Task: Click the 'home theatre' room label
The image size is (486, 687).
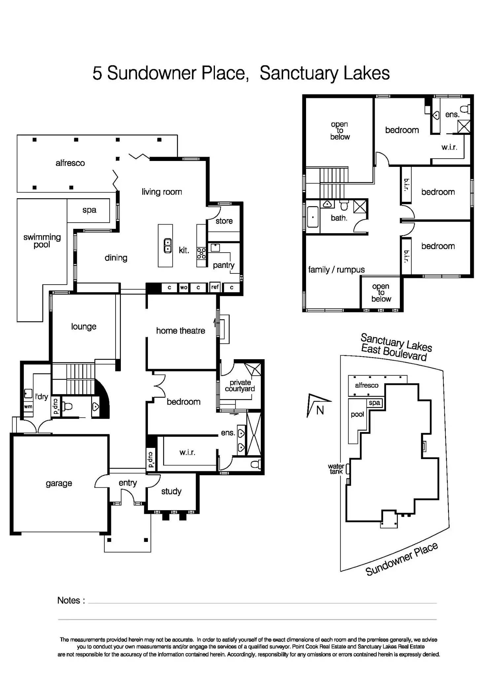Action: click(x=181, y=330)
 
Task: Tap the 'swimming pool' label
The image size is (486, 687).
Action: click(x=42, y=241)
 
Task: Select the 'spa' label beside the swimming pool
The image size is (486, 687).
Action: click(x=89, y=210)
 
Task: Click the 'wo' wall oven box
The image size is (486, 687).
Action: click(x=184, y=287)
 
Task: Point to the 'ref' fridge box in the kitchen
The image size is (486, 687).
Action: click(x=215, y=287)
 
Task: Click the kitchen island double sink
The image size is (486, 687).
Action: click(x=168, y=245)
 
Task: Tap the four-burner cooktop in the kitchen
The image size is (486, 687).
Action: click(x=201, y=253)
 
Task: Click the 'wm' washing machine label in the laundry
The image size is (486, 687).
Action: click(x=28, y=407)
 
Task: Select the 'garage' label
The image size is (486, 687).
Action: click(x=59, y=483)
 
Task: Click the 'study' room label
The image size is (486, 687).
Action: click(x=171, y=491)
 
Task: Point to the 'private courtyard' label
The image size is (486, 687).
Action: click(x=240, y=386)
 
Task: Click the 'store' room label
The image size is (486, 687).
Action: click(x=224, y=221)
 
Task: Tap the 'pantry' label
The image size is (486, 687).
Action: click(x=224, y=265)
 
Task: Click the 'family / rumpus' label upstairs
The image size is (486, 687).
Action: click(x=336, y=270)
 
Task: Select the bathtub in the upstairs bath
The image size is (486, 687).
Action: click(x=313, y=217)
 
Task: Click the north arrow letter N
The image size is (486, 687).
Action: click(x=320, y=410)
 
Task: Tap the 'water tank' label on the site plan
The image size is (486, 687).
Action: click(x=336, y=469)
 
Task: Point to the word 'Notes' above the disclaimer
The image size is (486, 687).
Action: click(x=69, y=600)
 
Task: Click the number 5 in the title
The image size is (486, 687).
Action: click(x=97, y=73)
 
